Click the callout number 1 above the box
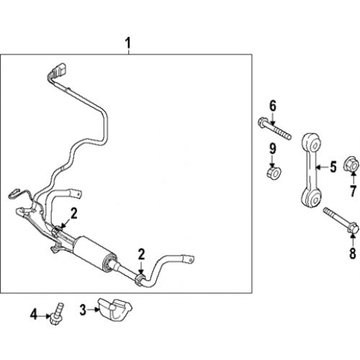pyautogui.click(x=128, y=43)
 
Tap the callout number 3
pyautogui.click(x=83, y=310)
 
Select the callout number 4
pyautogui.click(x=34, y=315)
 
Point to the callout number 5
pyautogui.click(x=333, y=167)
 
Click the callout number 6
pyautogui.click(x=273, y=107)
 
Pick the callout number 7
pyautogui.click(x=353, y=192)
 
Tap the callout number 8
pyautogui.click(x=352, y=253)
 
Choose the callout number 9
pyautogui.click(x=272, y=149)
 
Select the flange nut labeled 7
pyautogui.click(x=352, y=164)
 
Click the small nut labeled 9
pyautogui.click(x=274, y=172)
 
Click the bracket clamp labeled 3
pyautogui.click(x=114, y=310)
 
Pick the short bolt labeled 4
pyautogui.click(x=58, y=314)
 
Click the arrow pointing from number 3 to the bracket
pyautogui.click(x=93, y=310)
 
